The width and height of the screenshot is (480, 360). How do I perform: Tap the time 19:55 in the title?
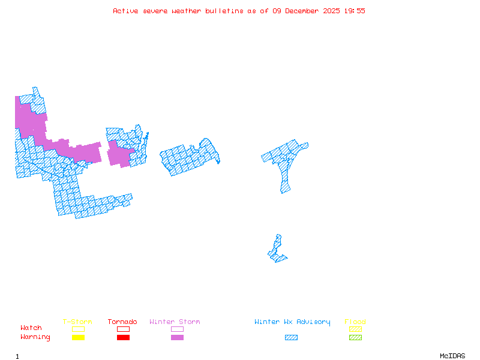[354, 11]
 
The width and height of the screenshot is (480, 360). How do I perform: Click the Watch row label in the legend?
[31, 328]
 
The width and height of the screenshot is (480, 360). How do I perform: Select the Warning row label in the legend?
[35, 337]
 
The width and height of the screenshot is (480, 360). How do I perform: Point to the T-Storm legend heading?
[77, 322]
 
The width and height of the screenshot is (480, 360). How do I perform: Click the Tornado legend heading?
[122, 322]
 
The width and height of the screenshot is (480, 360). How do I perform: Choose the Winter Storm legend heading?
[175, 322]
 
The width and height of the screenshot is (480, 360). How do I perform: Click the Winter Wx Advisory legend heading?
[292, 322]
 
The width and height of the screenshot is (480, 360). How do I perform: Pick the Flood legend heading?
[355, 322]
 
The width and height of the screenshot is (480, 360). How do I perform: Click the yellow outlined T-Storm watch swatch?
[78, 329]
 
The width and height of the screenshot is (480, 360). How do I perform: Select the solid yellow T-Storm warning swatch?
[78, 338]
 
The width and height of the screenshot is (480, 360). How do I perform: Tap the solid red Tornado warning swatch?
[123, 338]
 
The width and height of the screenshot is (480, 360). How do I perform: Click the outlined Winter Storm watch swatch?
[177, 329]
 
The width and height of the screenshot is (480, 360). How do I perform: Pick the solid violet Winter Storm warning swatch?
[177, 338]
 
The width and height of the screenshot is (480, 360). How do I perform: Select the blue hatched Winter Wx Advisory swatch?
[291, 338]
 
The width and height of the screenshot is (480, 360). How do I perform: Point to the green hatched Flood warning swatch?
[355, 338]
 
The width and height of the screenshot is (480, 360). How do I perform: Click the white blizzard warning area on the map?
[279, 230]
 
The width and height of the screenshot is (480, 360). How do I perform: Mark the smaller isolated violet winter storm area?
[119, 154]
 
